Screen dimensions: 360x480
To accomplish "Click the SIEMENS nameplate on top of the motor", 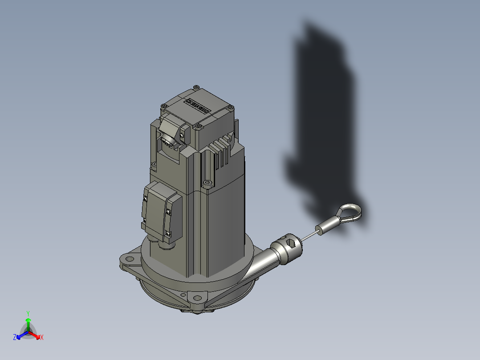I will point(199,105).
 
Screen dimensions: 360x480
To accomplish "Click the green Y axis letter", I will point(28,313).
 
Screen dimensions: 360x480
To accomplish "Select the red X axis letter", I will point(41,338).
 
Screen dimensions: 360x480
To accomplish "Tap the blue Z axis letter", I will point(15,338).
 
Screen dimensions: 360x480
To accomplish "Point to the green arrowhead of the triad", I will point(28,320).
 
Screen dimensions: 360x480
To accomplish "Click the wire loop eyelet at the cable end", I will point(351,212).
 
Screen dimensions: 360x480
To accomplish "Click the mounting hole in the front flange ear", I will point(197,298).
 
